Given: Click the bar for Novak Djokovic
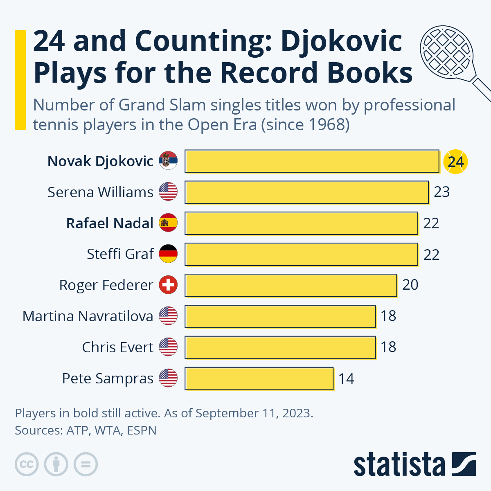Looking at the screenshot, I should [x=312, y=161].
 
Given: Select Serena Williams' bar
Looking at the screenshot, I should [x=306, y=192].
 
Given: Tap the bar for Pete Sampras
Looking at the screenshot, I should [x=259, y=378].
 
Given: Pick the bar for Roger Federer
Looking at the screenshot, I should [x=291, y=285].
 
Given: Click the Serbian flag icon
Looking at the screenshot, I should [x=168, y=161].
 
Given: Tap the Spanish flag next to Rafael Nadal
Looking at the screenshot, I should [x=168, y=223].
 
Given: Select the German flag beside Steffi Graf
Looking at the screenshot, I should [x=168, y=254].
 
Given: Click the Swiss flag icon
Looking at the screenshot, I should [x=168, y=285].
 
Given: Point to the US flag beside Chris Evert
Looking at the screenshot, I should [x=168, y=347].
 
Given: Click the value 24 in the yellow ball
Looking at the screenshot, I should [x=455, y=162].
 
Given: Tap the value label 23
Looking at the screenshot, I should [x=442, y=192].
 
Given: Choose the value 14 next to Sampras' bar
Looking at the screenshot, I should [x=346, y=378].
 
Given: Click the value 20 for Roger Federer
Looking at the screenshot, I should [x=410, y=285].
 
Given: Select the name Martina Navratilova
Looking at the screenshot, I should [x=88, y=316].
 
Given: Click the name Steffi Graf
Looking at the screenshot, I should [x=120, y=254].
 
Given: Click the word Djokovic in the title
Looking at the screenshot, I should [x=342, y=41].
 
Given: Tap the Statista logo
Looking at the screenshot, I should [x=414, y=464].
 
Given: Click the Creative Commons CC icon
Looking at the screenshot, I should [x=27, y=464].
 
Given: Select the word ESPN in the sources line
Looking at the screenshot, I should [x=142, y=430].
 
